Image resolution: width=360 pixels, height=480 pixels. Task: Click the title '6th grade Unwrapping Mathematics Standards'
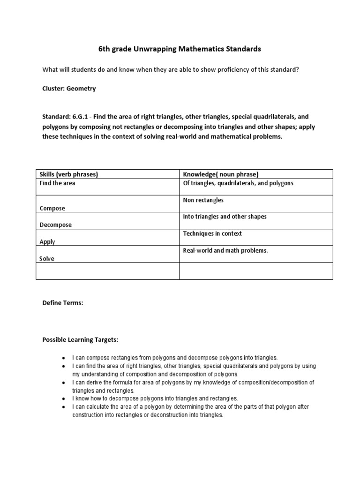point(180,48)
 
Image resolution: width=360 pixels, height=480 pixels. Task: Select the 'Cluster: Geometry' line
point(69,89)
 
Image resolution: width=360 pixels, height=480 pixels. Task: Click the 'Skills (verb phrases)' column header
point(68,174)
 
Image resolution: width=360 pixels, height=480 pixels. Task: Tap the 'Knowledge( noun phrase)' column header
point(220,174)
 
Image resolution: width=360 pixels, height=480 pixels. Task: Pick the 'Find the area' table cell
point(57,183)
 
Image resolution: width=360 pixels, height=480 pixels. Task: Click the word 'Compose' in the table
point(52,208)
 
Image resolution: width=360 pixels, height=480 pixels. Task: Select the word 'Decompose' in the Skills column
point(55,225)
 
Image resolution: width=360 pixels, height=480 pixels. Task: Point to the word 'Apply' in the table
point(47,242)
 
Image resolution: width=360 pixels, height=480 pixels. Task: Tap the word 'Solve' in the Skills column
point(46,259)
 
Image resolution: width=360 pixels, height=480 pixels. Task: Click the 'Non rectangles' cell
point(203,200)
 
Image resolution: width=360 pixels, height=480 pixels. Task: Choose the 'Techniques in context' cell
point(212,233)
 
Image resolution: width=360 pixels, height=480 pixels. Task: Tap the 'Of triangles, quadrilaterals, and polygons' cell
point(238,183)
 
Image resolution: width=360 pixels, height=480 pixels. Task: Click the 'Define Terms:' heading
point(63,303)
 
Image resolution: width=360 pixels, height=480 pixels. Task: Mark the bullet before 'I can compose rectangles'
point(63,357)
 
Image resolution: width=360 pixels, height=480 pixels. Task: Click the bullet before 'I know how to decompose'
point(63,398)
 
